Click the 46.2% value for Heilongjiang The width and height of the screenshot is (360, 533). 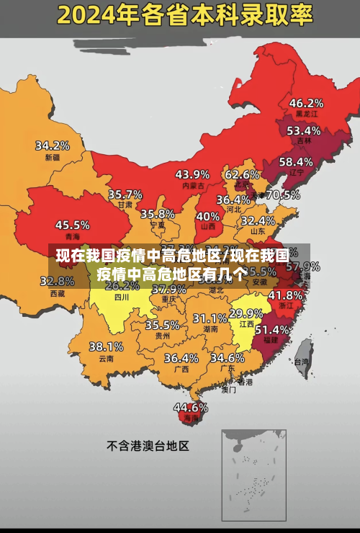click(306, 102)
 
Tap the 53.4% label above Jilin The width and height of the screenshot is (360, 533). click(303, 130)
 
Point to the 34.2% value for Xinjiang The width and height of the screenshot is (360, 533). click(53, 145)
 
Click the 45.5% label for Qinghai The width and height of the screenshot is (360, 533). click(73, 225)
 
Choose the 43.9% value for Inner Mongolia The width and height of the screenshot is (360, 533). click(192, 174)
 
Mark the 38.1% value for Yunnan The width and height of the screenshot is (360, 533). click(106, 346)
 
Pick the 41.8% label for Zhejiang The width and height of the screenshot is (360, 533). click(285, 295)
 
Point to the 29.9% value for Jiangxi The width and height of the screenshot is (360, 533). click(246, 313)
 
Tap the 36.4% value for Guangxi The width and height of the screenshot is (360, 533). click(181, 357)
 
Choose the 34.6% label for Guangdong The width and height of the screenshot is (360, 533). click(227, 357)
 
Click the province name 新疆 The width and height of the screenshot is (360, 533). click(53, 157)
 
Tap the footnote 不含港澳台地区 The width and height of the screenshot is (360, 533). click(148, 446)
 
